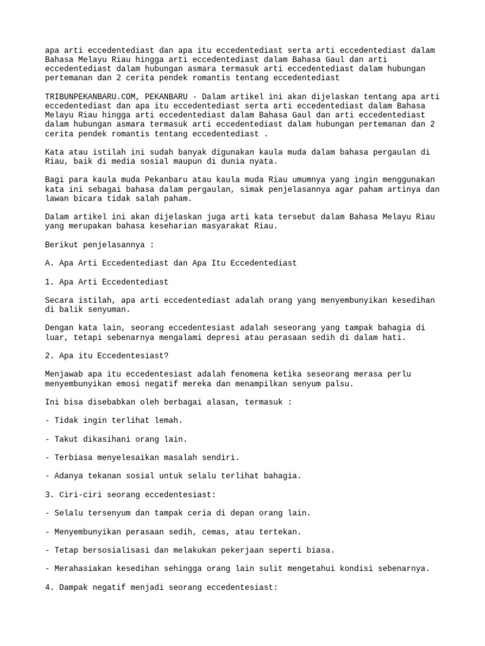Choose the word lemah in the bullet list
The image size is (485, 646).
(167, 420)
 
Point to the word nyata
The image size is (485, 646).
(264, 161)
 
